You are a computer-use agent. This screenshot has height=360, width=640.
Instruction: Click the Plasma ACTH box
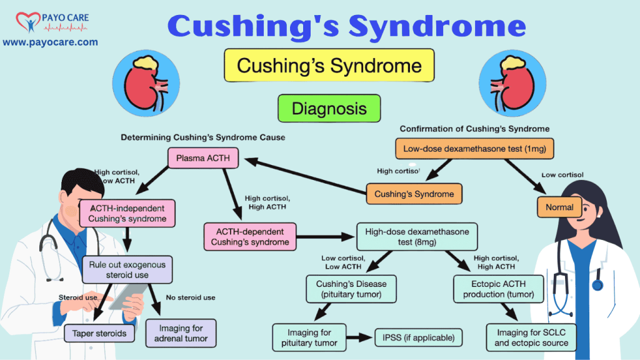tap(203, 157)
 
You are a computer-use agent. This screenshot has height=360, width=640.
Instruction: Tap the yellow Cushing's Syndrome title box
tap(329, 66)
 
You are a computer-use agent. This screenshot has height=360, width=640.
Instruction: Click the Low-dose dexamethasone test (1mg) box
tap(474, 148)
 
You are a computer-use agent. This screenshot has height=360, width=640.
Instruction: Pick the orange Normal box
tap(559, 206)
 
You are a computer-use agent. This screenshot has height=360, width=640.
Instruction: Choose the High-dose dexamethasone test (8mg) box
tap(417, 236)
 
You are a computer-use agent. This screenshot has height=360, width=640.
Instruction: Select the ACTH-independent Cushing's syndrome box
tap(127, 213)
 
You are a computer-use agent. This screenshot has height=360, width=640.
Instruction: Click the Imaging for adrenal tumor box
tap(181, 333)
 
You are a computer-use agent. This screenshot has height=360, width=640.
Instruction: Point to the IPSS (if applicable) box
tap(418, 338)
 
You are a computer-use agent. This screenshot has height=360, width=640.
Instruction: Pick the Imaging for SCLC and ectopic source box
tap(531, 337)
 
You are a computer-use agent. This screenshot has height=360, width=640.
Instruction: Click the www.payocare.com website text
tap(50, 42)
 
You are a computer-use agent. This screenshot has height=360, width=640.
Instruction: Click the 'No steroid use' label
tap(191, 297)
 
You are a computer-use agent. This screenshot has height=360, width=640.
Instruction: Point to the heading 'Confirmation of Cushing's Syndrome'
tap(474, 129)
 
